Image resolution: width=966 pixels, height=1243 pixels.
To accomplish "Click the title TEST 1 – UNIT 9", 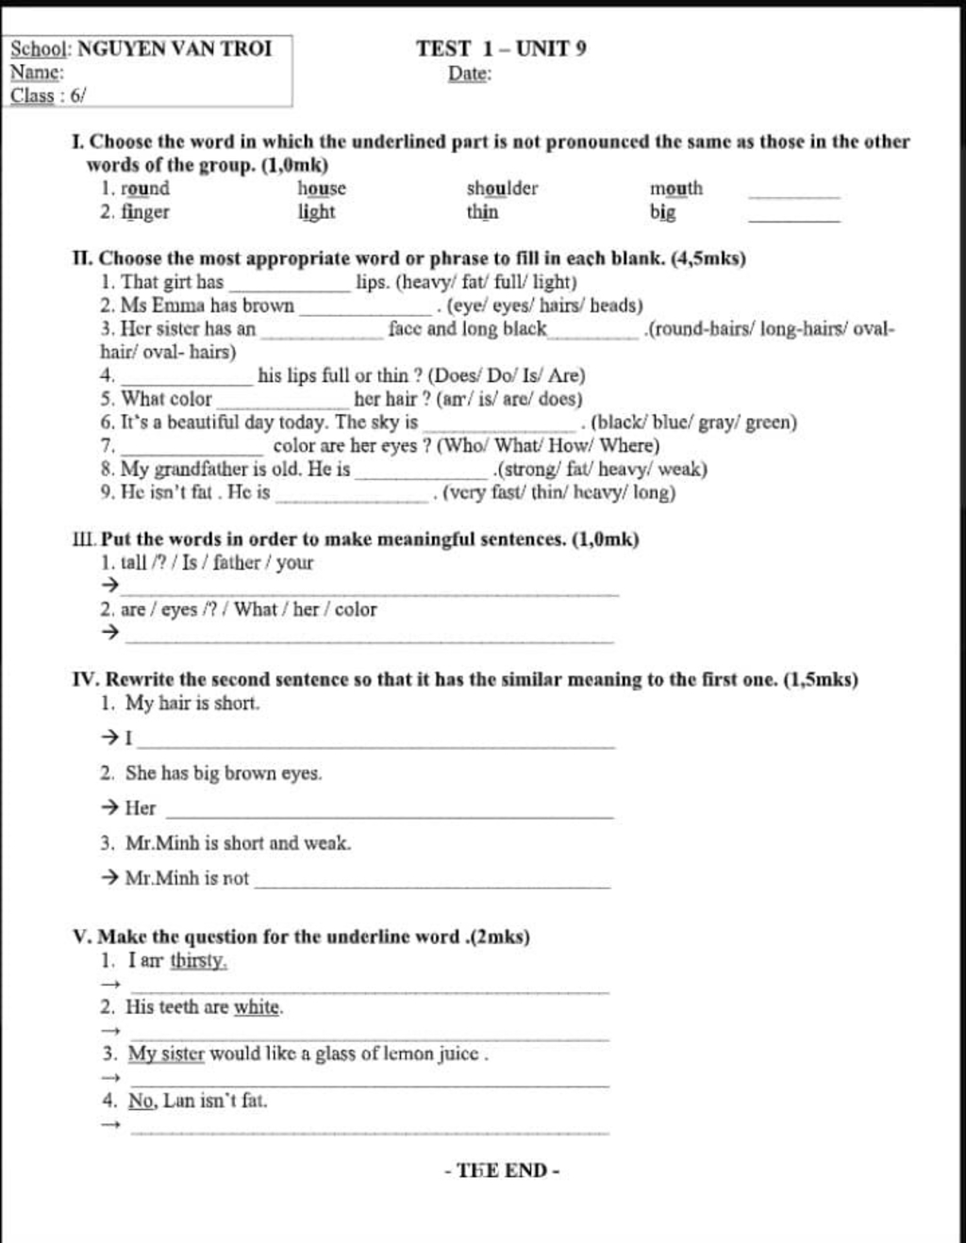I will pyautogui.click(x=501, y=48).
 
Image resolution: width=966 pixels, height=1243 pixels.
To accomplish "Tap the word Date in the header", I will pyautogui.click(x=469, y=74).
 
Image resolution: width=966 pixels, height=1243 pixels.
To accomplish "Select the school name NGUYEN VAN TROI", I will pyautogui.click(x=175, y=48).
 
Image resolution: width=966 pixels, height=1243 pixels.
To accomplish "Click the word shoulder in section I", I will pyautogui.click(x=502, y=188).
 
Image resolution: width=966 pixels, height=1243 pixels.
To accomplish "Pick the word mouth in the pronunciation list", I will pyautogui.click(x=675, y=188).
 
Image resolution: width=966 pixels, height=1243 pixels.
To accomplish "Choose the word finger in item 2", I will pyautogui.click(x=145, y=211).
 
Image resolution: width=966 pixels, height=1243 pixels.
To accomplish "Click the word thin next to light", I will pyautogui.click(x=482, y=211).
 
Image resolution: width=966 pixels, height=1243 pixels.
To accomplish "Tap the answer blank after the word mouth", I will pyautogui.click(x=793, y=194).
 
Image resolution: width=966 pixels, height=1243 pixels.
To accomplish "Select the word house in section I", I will pyautogui.click(x=322, y=188).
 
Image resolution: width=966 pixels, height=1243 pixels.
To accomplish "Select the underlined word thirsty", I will pyautogui.click(x=198, y=961).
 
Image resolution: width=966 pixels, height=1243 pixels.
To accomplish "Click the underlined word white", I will pyautogui.click(x=258, y=1007).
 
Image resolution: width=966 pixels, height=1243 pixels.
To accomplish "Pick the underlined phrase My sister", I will pyautogui.click(x=166, y=1053).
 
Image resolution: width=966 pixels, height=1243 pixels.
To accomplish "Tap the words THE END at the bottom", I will pyautogui.click(x=502, y=1170).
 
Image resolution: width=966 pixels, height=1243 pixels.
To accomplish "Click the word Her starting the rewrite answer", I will pyautogui.click(x=141, y=807).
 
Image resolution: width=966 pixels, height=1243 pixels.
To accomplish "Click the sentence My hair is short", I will pyautogui.click(x=192, y=703).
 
